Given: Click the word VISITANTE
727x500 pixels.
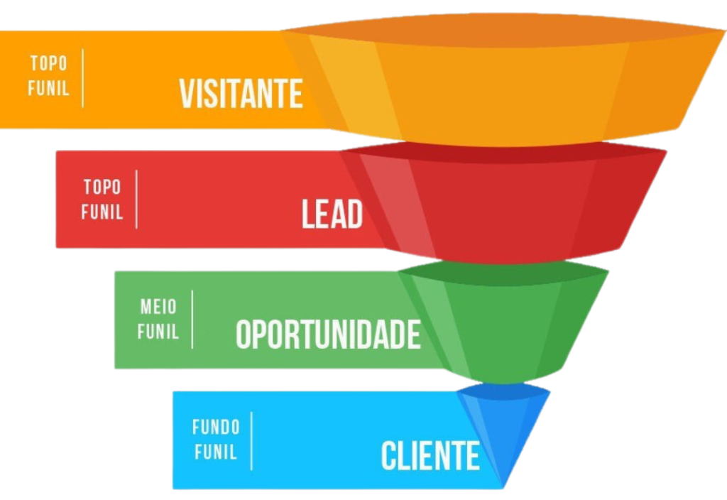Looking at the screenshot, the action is pyautogui.click(x=241, y=94).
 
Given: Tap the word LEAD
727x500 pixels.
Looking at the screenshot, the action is pyautogui.click(x=332, y=214).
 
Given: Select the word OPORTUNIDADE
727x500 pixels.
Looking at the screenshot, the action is pyautogui.click(x=328, y=335).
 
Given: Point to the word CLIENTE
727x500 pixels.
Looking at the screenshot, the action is pyautogui.click(x=430, y=455).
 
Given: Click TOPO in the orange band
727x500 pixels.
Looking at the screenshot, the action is pyautogui.click(x=49, y=63).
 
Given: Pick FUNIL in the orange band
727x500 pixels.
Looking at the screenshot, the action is pyautogui.click(x=49, y=88).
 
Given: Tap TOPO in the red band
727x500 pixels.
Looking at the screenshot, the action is pyautogui.click(x=102, y=187).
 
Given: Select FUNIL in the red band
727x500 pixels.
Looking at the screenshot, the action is pyautogui.click(x=102, y=212).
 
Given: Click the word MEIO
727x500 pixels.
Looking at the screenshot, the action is pyautogui.click(x=158, y=307).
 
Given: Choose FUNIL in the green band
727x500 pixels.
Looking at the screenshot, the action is pyautogui.click(x=158, y=332).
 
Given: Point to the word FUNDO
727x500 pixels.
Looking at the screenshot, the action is pyautogui.click(x=216, y=427).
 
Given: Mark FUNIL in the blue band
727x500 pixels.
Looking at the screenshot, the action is pyautogui.click(x=216, y=452).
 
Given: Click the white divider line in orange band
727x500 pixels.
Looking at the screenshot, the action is pyautogui.click(x=83, y=78).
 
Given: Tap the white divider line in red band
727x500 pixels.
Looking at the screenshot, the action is pyautogui.click(x=136, y=200).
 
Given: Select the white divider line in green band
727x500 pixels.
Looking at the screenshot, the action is pyautogui.click(x=192, y=319).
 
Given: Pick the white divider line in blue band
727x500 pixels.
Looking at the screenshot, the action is pyautogui.click(x=252, y=440).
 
